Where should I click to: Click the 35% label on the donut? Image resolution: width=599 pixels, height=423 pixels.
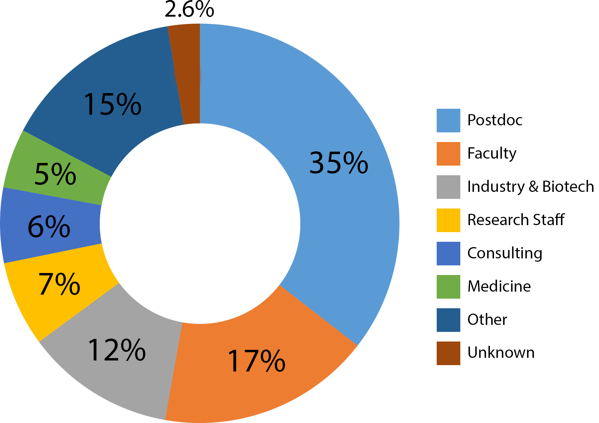point(339,163)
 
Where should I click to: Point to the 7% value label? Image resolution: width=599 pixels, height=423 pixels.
point(59,284)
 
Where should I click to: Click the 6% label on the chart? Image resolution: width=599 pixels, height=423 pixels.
point(49,227)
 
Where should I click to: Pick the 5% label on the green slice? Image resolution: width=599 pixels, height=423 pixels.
point(55,174)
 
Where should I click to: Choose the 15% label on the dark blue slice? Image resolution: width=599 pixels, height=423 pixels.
point(112,105)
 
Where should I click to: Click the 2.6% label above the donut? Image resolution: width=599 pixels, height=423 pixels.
point(189,10)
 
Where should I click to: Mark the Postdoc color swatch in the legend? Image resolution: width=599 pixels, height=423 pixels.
point(448,120)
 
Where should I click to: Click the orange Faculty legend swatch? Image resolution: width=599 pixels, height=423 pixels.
point(448,154)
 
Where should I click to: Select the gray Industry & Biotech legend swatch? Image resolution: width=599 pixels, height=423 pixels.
point(448,187)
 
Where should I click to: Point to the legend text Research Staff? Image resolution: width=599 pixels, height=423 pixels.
point(516,220)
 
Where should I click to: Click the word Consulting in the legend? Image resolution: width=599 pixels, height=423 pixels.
point(505,253)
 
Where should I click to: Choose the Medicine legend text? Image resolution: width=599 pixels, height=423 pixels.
point(499,286)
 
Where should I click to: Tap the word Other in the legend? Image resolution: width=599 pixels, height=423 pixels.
point(487,320)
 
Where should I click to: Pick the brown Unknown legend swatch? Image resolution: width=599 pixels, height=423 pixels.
point(448,353)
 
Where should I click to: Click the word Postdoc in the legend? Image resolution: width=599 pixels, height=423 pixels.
point(495,120)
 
